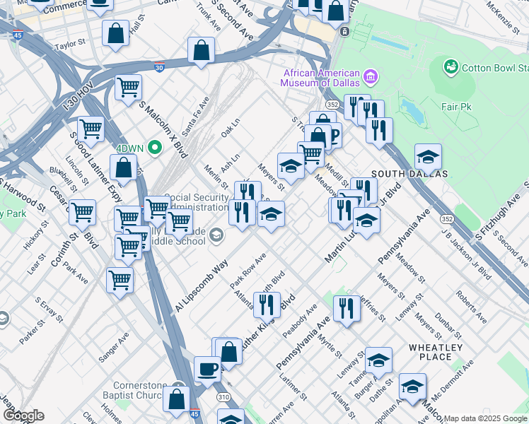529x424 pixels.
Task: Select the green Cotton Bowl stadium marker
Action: [x=450, y=68]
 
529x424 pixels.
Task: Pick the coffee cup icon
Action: [x=208, y=369]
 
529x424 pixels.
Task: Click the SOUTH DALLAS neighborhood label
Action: [x=409, y=174]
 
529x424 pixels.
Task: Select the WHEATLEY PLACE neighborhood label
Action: [x=435, y=352]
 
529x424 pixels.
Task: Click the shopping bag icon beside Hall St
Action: [x=115, y=33]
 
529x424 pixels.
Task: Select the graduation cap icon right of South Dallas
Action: [x=428, y=156]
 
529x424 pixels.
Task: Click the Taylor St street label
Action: [x=70, y=44]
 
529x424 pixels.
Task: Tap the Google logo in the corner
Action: [x=23, y=415]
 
